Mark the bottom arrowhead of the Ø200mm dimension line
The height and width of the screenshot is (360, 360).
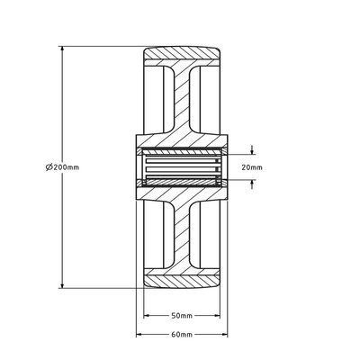(61, 287)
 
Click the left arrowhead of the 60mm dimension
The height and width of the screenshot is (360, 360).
(139, 334)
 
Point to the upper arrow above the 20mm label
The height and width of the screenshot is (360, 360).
(253, 150)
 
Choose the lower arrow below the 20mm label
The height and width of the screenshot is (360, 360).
(253, 183)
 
